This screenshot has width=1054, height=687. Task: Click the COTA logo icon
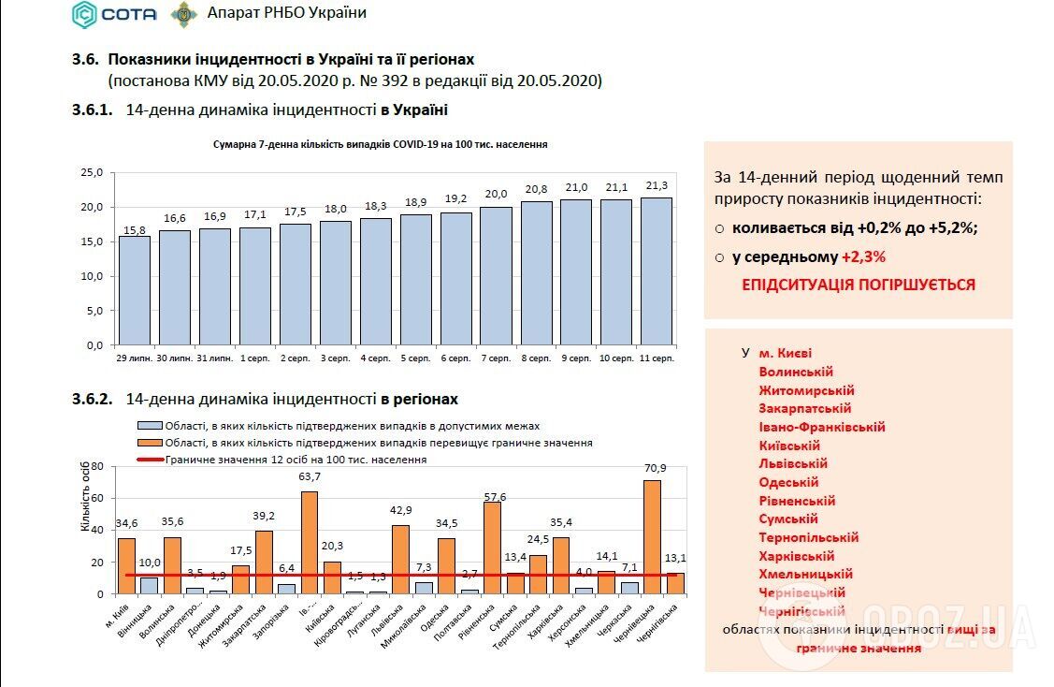click(85, 14)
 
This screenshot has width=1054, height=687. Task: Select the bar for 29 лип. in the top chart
click(134, 290)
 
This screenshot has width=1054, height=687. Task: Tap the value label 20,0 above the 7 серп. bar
click(496, 194)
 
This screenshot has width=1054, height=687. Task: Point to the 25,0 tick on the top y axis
click(93, 172)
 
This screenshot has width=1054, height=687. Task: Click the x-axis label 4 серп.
click(375, 358)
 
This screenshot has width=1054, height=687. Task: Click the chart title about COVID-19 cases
click(380, 145)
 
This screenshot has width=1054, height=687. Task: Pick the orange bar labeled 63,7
click(310, 543)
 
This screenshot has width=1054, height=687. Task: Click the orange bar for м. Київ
click(126, 565)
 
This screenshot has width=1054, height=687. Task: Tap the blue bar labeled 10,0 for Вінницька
click(150, 585)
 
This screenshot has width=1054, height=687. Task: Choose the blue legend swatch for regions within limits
click(150, 425)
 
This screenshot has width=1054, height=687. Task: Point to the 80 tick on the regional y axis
click(96, 466)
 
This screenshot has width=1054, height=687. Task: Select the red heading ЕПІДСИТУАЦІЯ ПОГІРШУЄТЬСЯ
click(858, 285)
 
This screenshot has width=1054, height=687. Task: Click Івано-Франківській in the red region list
click(822, 427)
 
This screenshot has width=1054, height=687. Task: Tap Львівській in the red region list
click(793, 463)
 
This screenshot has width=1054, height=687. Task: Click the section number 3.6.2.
click(92, 399)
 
